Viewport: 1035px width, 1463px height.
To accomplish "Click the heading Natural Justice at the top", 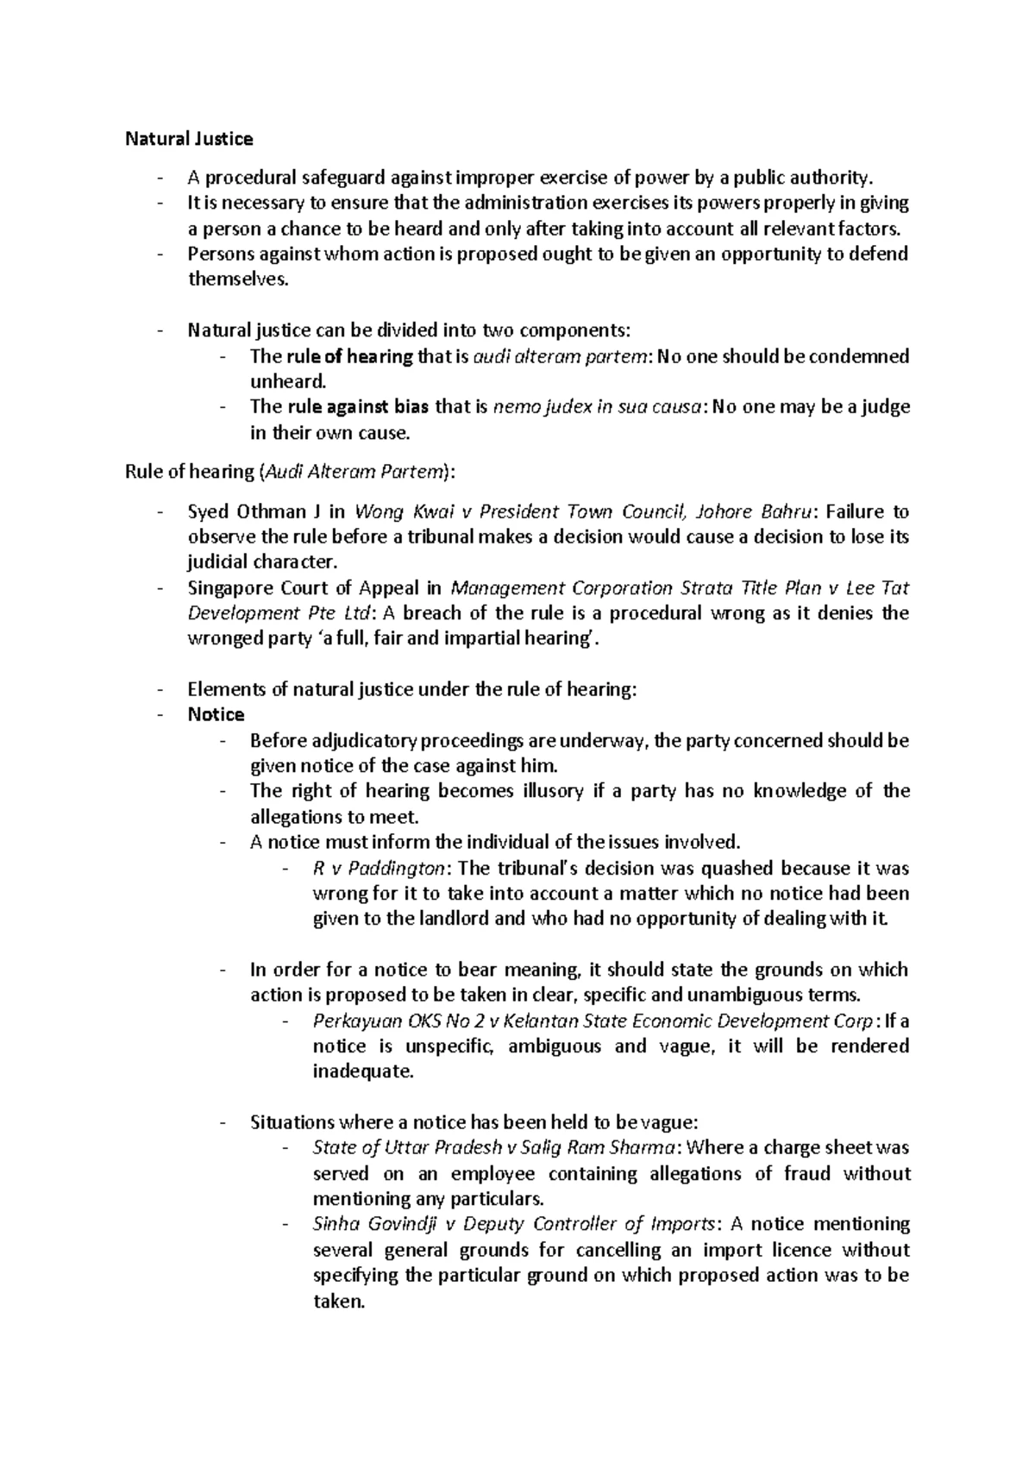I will click(189, 139).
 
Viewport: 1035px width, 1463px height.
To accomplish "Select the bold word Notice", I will click(216, 714).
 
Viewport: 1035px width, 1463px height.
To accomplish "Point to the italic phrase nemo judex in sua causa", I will click(595, 407).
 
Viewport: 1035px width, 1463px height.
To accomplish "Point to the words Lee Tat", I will click(877, 588).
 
